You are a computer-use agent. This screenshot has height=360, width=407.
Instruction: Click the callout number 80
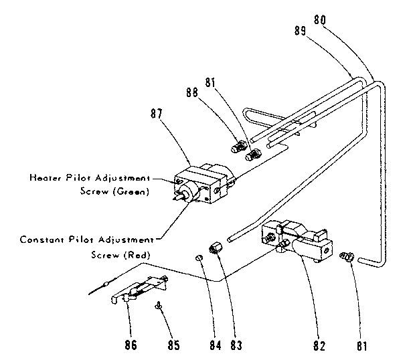pos(320,20)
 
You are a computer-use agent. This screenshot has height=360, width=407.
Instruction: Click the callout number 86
pos(131,345)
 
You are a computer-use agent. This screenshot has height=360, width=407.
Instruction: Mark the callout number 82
pos(319,345)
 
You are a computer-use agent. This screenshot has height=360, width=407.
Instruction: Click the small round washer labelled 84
pos(199,258)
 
